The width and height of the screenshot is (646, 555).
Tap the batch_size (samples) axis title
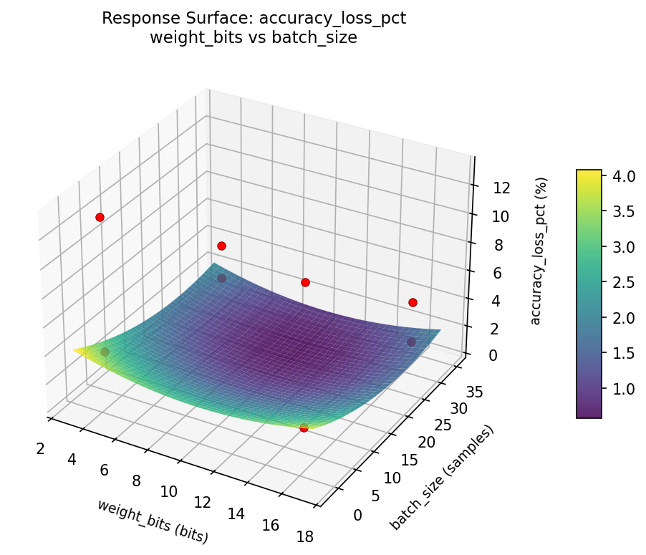click(442, 478)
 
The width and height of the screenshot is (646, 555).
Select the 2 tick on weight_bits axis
click(40, 448)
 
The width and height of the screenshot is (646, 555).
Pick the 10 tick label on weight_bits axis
click(169, 491)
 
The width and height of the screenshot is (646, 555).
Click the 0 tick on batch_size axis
click(357, 514)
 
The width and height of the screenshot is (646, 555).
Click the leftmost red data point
click(100, 217)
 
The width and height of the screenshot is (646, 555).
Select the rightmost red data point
click(413, 302)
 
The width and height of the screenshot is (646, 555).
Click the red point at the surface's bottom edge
click(304, 428)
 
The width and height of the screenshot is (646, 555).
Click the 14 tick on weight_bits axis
click(236, 514)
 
